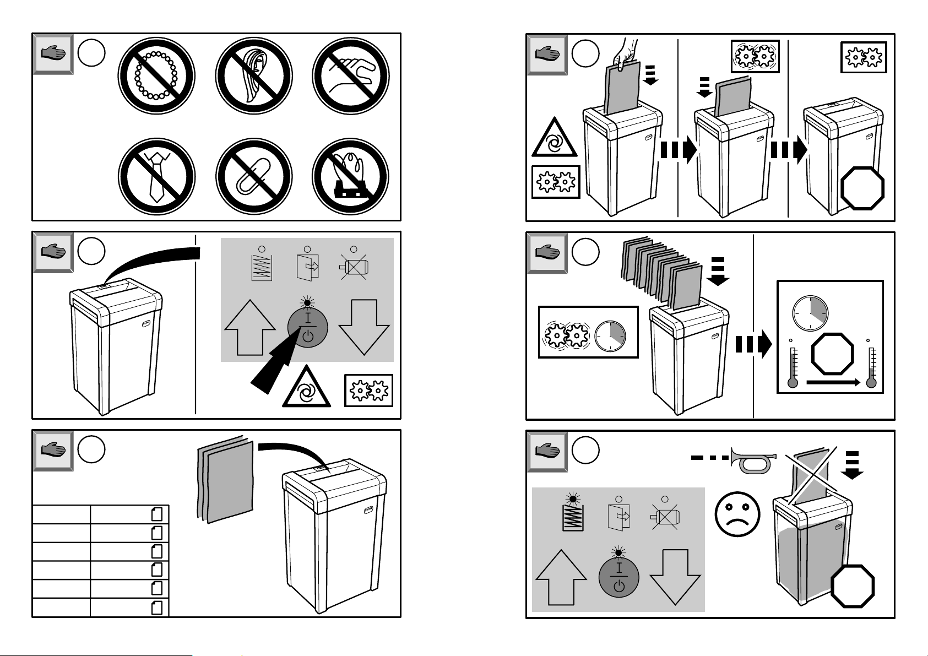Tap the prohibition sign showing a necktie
(x=156, y=176)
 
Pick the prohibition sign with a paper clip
(x=254, y=176)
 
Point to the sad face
(x=737, y=514)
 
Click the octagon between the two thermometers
(x=833, y=354)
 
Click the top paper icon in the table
(x=157, y=514)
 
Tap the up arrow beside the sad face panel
(x=561, y=577)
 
